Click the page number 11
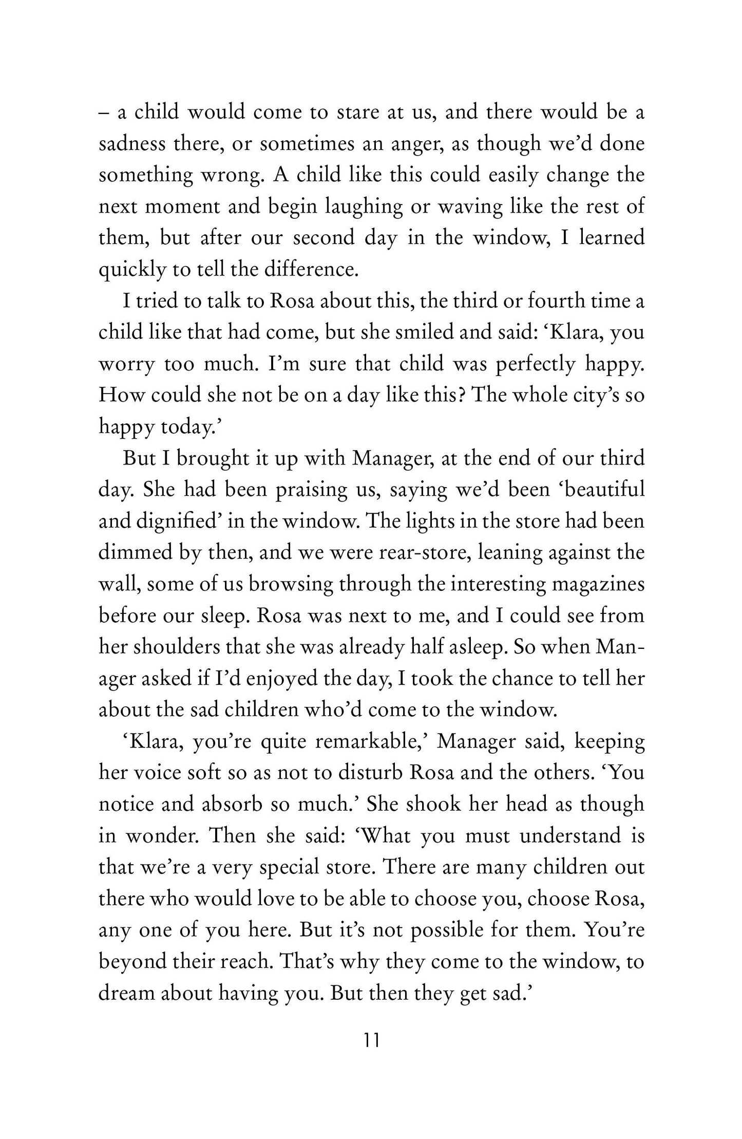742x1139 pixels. click(x=371, y=1040)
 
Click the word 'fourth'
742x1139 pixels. click(x=555, y=301)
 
